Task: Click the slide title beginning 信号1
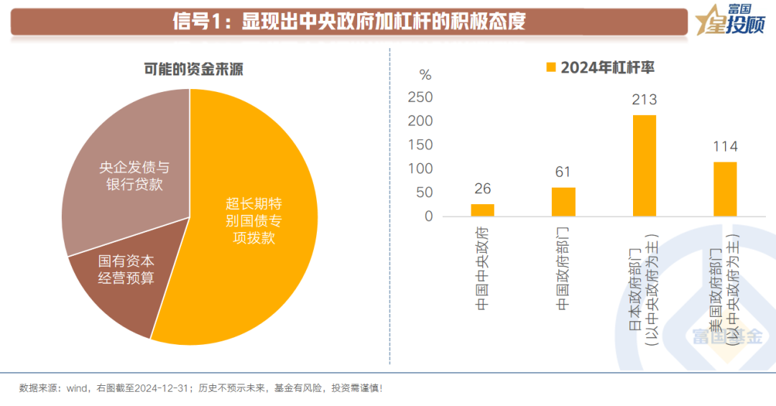tap(349, 21)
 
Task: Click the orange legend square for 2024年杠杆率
tap(551, 68)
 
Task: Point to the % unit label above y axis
tap(425, 75)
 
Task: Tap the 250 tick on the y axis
tap(420, 97)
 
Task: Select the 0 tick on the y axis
tap(428, 216)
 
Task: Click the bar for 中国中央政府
tap(483, 210)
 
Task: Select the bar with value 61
tap(563, 202)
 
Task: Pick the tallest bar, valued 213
tap(645, 165)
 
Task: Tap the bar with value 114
tap(725, 189)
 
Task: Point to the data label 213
tap(645, 100)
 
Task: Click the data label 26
tap(483, 189)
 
